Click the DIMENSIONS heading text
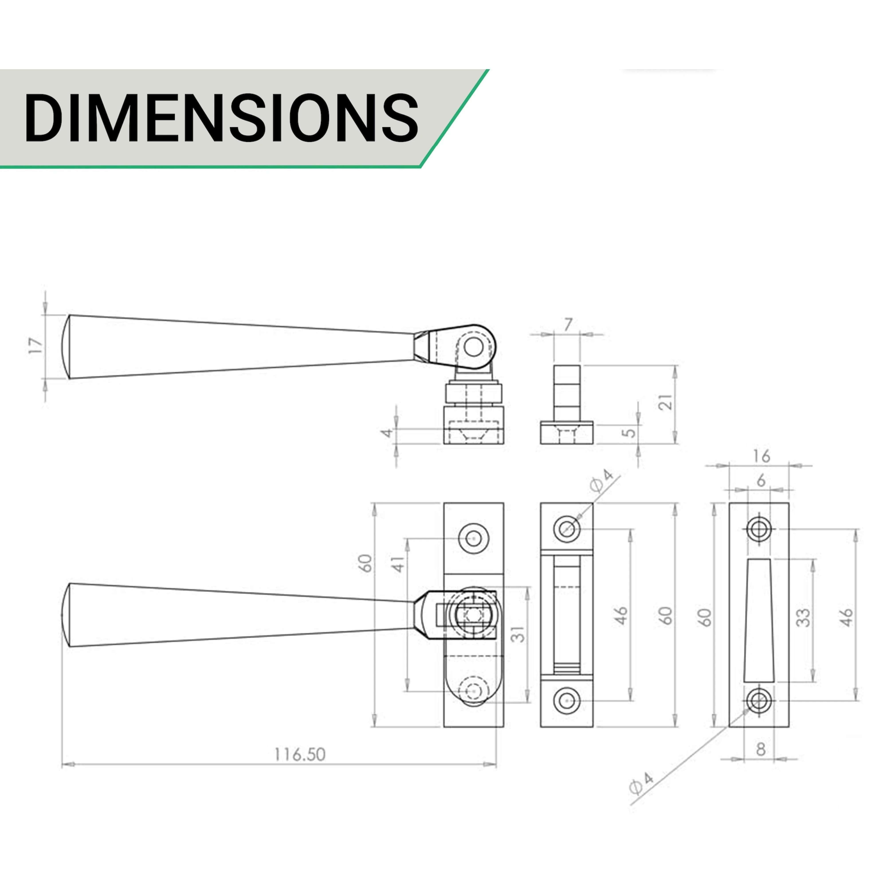221,118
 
